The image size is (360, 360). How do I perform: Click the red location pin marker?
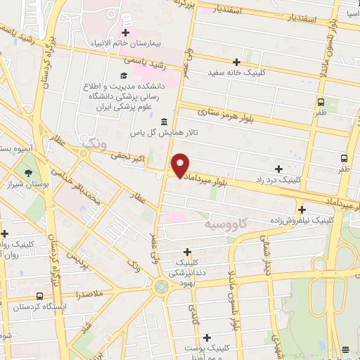tap(181, 165)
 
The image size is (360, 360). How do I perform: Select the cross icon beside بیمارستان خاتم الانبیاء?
tap(126, 32)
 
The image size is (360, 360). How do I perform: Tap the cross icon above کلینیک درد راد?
tap(279, 169)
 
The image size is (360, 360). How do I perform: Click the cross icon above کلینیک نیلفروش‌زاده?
tap(302, 209)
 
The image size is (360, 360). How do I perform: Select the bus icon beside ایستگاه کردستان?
tap(39, 296)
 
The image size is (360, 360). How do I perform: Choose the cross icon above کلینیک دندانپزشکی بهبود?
tap(187, 252)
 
